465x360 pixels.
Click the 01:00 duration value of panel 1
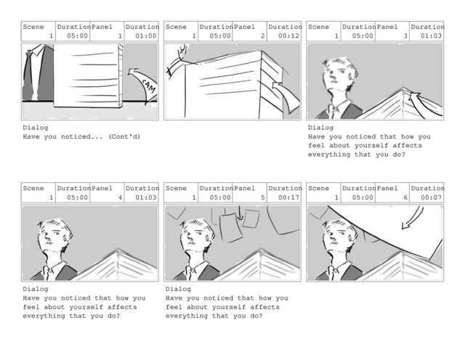[x=146, y=36]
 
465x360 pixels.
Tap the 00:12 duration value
[x=288, y=36]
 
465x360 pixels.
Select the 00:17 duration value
[x=288, y=197]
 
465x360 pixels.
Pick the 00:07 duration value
[x=431, y=197]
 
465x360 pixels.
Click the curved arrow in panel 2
[x=286, y=95]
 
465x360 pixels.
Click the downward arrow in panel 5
[x=240, y=213]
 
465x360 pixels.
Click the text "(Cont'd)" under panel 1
[x=124, y=136]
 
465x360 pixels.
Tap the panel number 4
[x=120, y=197]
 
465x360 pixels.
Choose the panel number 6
[x=405, y=197]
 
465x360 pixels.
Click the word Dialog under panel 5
[x=178, y=289]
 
